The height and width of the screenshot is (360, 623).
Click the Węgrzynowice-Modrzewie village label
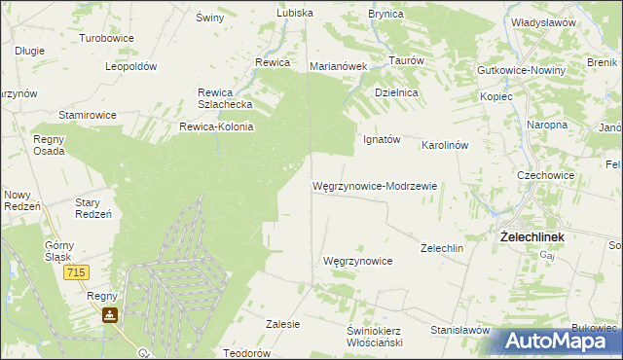pyautogui.click(x=375, y=185)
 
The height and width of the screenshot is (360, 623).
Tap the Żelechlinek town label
pyautogui.click(x=532, y=236)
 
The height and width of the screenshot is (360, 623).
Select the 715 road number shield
pyautogui.click(x=79, y=275)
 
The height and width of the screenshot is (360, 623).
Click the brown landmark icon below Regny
pyautogui.click(x=110, y=315)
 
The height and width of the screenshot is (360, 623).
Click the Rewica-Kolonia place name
pyautogui.click(x=216, y=126)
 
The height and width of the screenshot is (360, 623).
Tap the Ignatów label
pyautogui.click(x=382, y=139)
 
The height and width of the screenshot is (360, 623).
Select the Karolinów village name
pyautogui.click(x=445, y=145)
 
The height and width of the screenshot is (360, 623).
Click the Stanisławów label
pyautogui.click(x=458, y=330)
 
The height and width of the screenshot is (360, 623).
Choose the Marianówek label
pyautogui.click(x=337, y=66)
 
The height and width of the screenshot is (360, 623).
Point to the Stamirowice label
pyautogui.click(x=88, y=115)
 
